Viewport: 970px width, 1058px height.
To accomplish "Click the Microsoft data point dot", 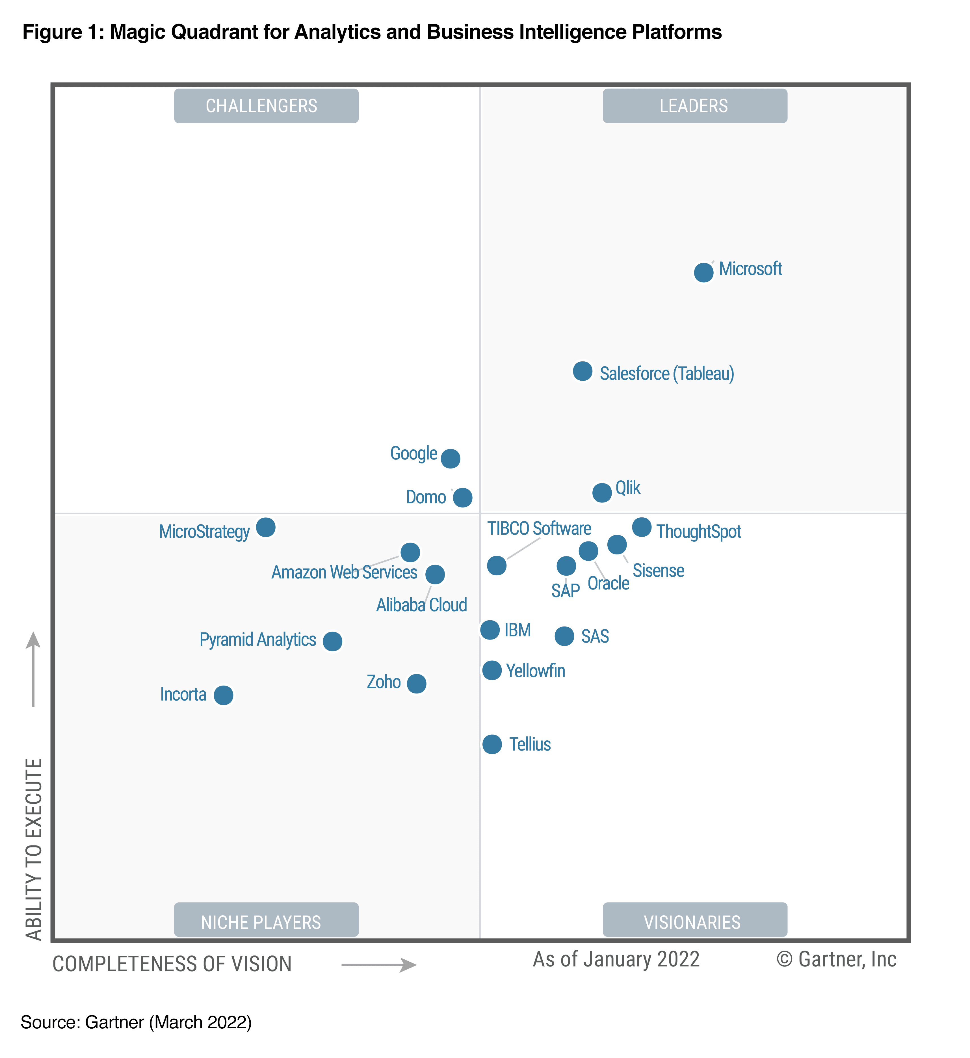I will [703, 272].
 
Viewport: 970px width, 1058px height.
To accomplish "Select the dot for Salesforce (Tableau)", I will [582, 371].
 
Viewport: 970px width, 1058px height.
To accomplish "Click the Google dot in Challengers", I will [450, 458].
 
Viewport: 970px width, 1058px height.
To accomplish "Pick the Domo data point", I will [462, 497].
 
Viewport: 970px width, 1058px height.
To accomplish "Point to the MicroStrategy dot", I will [266, 527].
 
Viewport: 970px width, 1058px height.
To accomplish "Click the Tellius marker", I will [492, 744].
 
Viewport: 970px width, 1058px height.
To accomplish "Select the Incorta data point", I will [224, 695].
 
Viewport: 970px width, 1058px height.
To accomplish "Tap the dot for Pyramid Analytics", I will [332, 641].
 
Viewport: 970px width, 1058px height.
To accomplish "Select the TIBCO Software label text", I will [539, 528].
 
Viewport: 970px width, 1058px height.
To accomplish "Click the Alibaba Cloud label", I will [421, 605].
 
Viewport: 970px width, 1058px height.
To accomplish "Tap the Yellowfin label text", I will [535, 671].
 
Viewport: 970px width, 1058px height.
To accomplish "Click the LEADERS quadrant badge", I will [694, 106].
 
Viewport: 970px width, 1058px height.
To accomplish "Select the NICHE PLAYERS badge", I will [266, 922].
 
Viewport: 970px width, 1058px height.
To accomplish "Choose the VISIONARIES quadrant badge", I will [694, 922].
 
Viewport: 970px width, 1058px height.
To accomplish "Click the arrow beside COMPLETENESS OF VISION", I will [379, 964].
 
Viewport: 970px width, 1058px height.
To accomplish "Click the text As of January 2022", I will [616, 959].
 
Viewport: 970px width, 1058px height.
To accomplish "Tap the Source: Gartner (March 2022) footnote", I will [136, 1022].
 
